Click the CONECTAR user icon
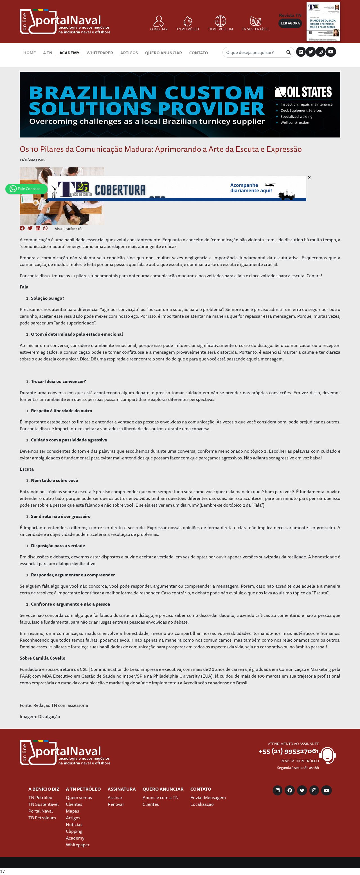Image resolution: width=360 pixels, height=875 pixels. (x=159, y=21)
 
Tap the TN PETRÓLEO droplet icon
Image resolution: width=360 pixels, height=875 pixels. (x=188, y=21)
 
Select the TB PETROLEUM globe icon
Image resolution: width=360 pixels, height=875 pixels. (x=220, y=21)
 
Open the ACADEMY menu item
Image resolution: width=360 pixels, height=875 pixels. (x=69, y=53)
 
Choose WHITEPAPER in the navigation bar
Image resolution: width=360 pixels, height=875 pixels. (x=100, y=53)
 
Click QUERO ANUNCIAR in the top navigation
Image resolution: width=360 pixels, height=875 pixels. (x=163, y=53)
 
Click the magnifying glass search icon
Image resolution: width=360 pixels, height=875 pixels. (x=288, y=52)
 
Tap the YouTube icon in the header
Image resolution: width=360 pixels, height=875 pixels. (x=330, y=52)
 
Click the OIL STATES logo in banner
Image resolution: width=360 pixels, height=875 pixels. (x=303, y=92)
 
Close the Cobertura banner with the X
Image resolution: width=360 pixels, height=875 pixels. (x=309, y=178)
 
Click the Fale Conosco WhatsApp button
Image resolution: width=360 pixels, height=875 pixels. (x=26, y=189)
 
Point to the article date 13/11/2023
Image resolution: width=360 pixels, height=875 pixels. (x=33, y=160)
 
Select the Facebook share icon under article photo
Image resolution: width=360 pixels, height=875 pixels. (x=22, y=228)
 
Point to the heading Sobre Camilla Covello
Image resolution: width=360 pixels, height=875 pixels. (x=42, y=658)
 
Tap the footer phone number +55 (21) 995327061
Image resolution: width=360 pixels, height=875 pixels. (x=288, y=751)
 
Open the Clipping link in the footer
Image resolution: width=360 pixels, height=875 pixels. (x=74, y=831)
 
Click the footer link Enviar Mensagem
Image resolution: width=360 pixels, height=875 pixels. (x=208, y=798)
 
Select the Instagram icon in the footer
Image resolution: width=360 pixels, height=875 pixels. (x=314, y=790)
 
